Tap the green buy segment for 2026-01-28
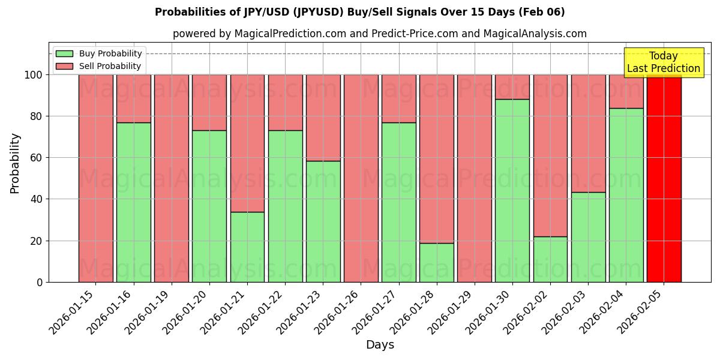[x=436, y=262]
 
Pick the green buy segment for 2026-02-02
[x=550, y=259]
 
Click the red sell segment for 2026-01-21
[x=247, y=143]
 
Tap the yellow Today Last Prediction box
[x=664, y=62]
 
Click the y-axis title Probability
[x=15, y=163]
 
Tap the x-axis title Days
[x=380, y=345]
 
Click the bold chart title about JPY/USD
[x=359, y=12]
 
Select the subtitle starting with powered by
[x=379, y=34]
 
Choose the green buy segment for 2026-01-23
[x=323, y=221]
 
